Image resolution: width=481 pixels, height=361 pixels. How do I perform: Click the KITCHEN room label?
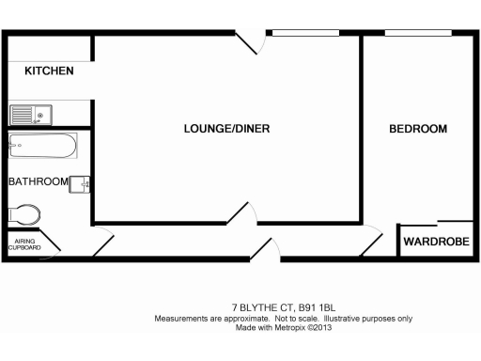(49, 71)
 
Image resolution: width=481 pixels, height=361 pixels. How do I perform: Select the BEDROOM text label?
(418, 128)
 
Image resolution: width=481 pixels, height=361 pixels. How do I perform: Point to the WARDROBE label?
(436, 243)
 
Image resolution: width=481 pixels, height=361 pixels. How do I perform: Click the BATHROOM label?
(38, 181)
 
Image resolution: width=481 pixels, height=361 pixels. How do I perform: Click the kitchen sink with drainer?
(32, 115)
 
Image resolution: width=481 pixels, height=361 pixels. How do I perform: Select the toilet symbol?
(23, 214)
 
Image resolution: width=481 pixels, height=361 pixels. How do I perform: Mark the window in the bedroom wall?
(417, 34)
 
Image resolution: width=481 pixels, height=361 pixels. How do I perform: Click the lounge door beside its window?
(246, 43)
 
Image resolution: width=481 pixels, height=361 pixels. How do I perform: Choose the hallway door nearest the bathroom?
(102, 242)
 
